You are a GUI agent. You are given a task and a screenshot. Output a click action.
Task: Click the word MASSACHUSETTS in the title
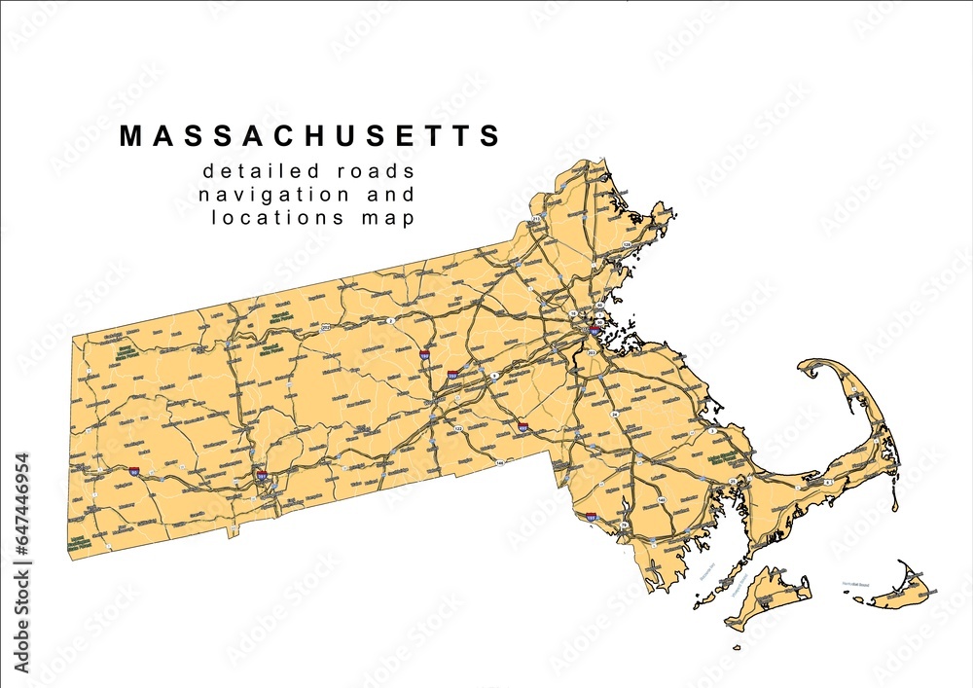pos(310,136)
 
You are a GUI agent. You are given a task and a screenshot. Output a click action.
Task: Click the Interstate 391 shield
pos(261,476)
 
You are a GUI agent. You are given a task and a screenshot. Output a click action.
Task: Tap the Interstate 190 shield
pos(425,357)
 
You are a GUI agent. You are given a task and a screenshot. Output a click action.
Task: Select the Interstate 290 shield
pos(453,374)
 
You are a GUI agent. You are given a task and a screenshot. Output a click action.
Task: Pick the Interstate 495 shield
pos(523,426)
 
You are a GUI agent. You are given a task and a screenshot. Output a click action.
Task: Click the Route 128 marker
pos(627,243)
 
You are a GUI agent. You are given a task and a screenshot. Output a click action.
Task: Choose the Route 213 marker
pos(536,220)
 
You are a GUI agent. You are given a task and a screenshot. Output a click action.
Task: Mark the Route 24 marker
pos(614,415)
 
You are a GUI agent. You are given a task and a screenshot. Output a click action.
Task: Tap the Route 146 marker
pos(500,463)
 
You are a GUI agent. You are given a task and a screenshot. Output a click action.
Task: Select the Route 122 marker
pos(458,427)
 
